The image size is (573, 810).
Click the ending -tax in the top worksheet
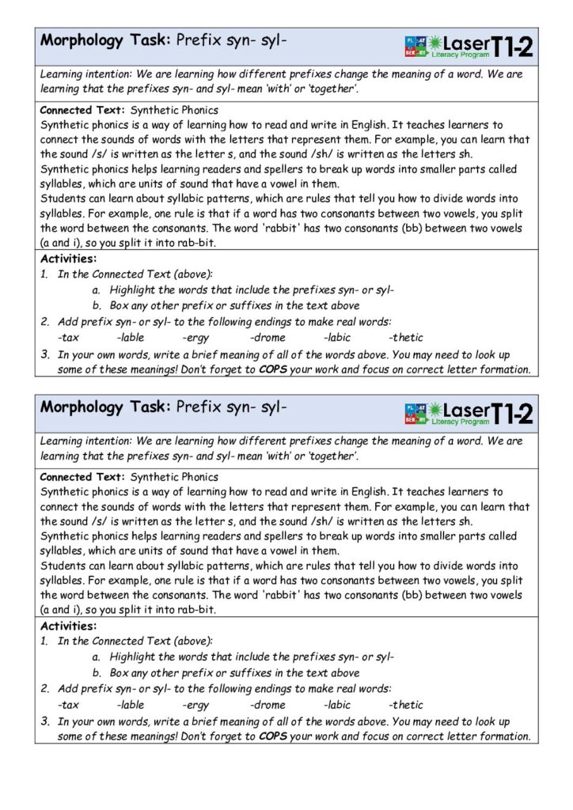coord(68,338)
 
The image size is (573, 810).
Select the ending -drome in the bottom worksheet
coord(268,705)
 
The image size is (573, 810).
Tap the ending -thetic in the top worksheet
coord(406,338)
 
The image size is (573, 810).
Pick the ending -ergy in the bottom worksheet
coord(195,705)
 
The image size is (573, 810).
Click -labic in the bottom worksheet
coord(337,705)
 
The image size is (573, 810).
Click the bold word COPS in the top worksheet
coord(273,369)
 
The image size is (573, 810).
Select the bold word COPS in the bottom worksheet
coord(273,736)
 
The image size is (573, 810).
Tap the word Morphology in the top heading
coord(82,40)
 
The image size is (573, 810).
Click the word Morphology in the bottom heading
coord(82,407)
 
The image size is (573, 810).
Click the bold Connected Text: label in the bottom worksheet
coord(82,477)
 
